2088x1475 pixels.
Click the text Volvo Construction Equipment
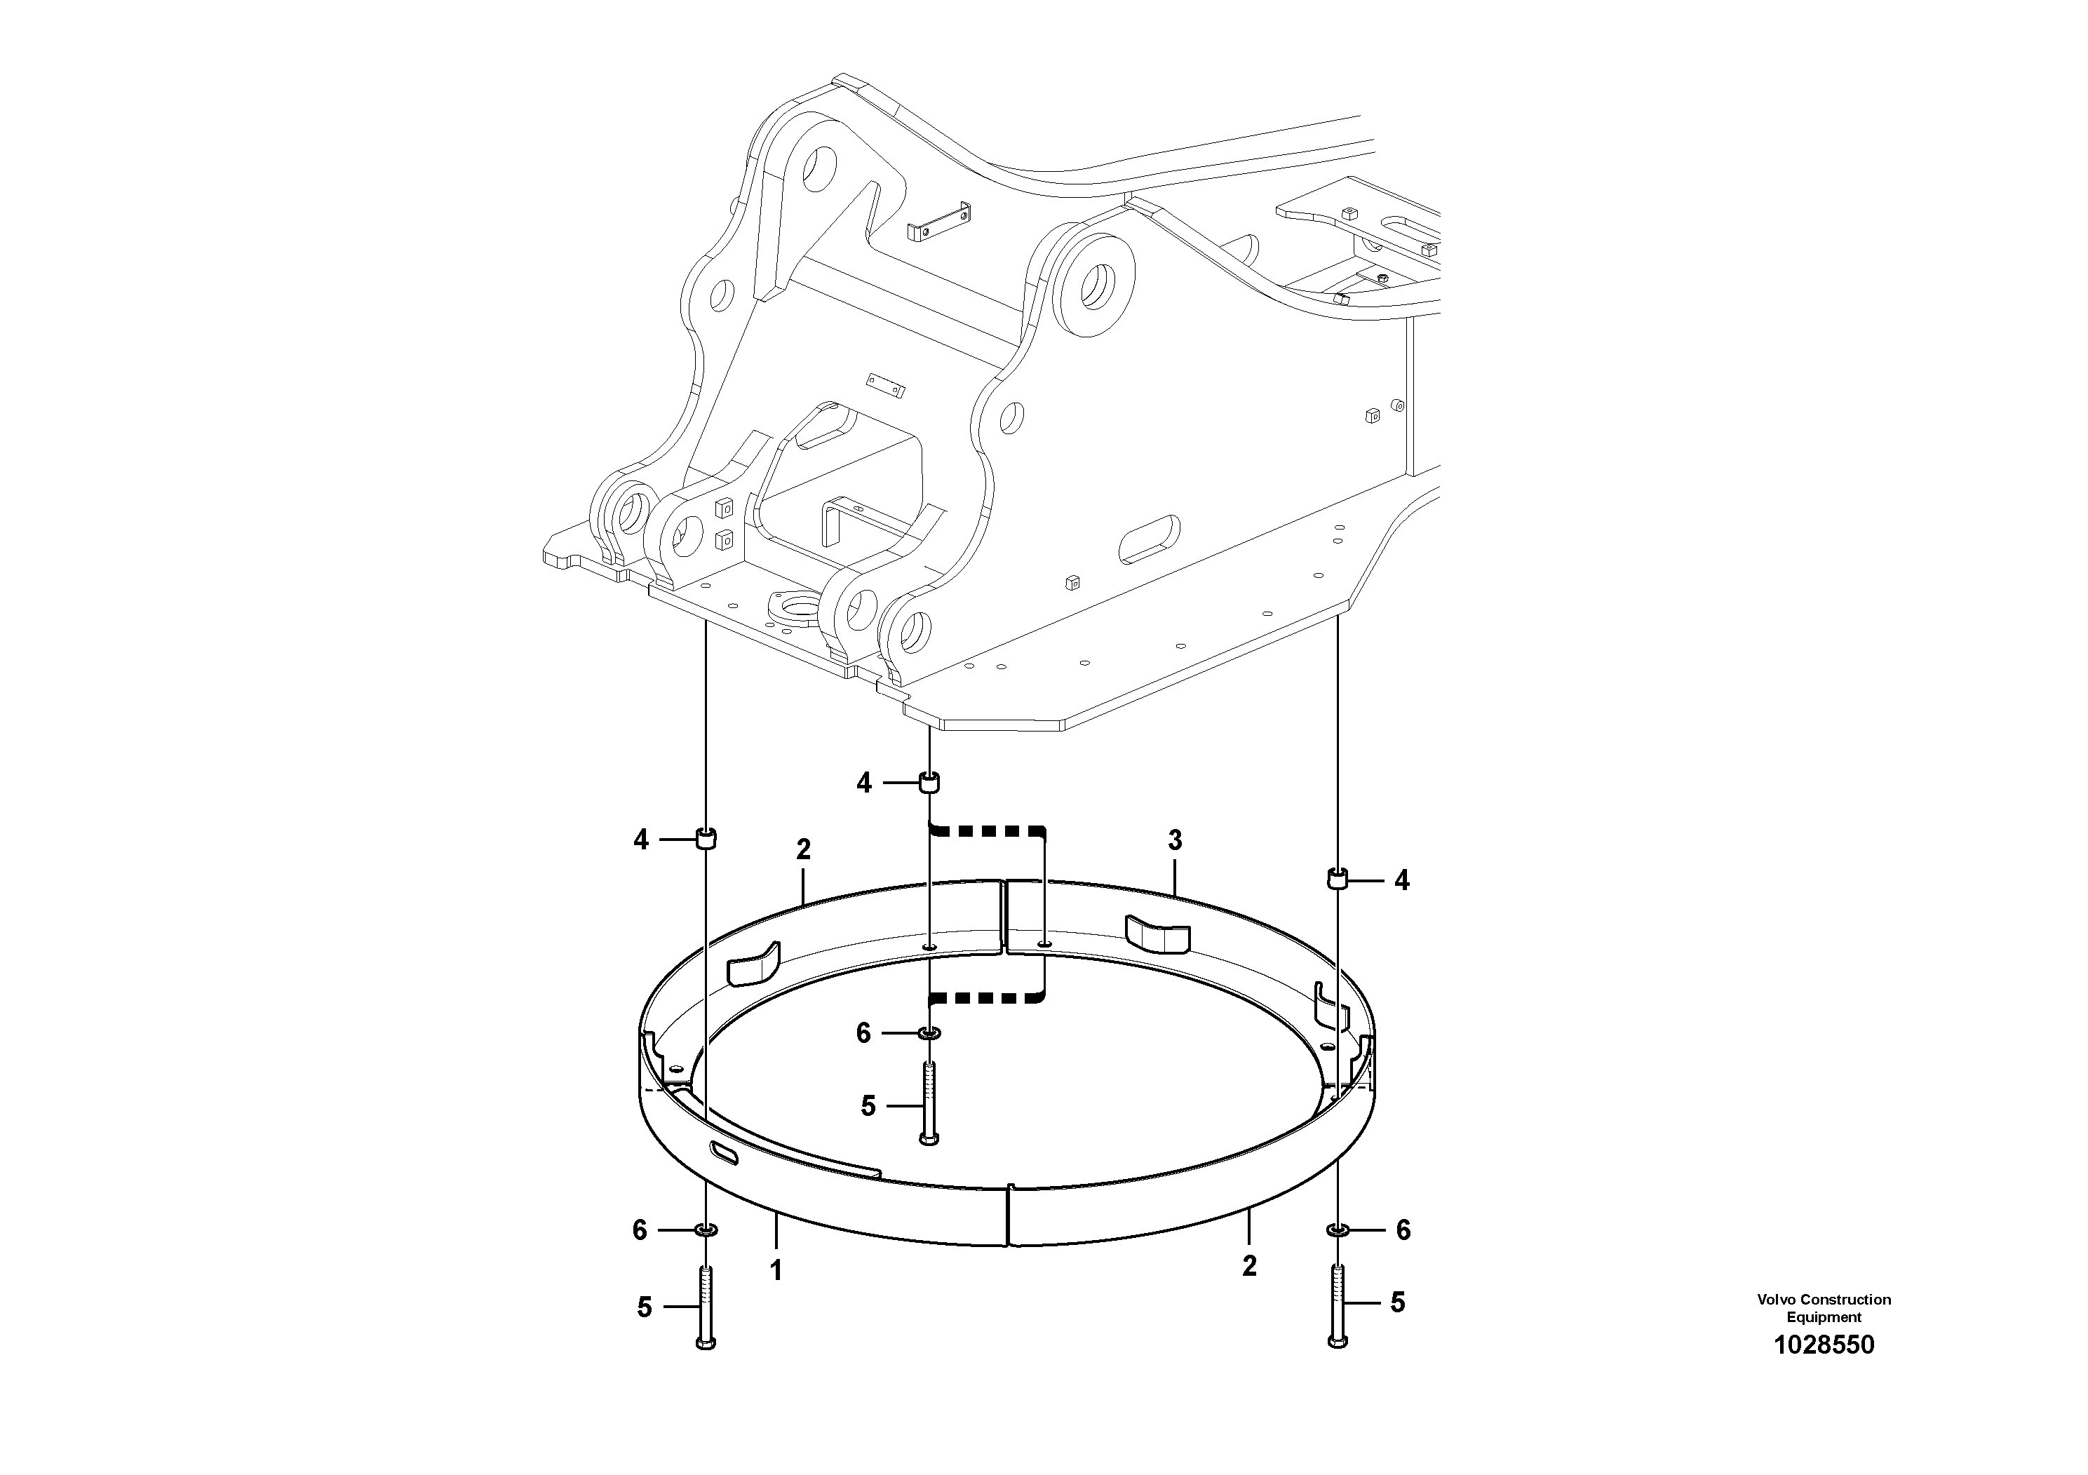point(1824,1307)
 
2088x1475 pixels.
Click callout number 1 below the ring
point(776,1270)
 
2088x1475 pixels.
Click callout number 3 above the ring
point(1174,840)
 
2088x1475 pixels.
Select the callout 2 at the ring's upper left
point(802,849)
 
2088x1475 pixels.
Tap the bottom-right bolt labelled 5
point(1336,1304)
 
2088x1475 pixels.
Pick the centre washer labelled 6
point(929,1033)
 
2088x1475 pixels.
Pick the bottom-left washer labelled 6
point(706,1230)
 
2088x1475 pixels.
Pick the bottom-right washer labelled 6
point(1336,1230)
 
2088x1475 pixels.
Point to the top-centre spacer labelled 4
point(929,782)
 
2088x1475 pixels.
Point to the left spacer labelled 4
point(706,838)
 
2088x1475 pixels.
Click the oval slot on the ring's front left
point(727,1153)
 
